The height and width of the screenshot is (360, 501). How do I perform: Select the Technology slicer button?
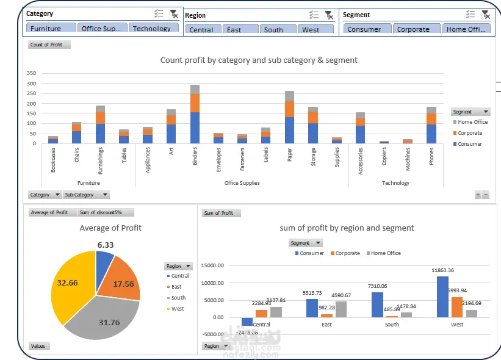(x=153, y=28)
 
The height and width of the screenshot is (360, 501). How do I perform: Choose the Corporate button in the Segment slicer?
(x=413, y=29)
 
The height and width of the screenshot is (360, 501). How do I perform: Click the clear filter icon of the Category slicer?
(x=174, y=14)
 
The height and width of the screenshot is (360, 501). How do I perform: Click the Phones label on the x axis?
(x=431, y=158)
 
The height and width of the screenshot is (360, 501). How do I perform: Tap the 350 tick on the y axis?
(x=31, y=73)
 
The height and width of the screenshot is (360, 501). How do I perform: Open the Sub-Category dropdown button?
(x=86, y=195)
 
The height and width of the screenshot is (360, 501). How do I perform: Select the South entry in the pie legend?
(x=178, y=298)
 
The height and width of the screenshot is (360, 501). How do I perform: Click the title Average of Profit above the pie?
(x=110, y=228)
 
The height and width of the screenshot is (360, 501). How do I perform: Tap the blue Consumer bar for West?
(x=442, y=297)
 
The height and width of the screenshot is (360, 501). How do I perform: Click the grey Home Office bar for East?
(x=341, y=309)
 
